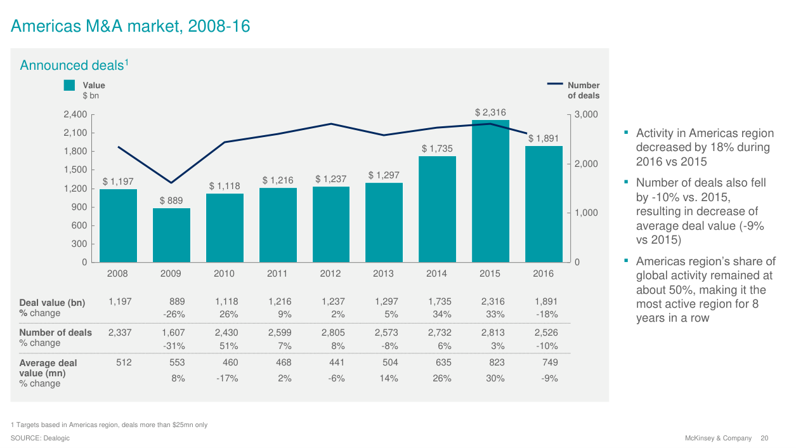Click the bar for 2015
click(490, 191)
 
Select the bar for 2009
click(171, 235)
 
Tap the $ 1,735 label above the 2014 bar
click(438, 148)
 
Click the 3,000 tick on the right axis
click(587, 115)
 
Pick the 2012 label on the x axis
click(330, 273)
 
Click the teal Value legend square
click(70, 85)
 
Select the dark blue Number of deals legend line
click(555, 83)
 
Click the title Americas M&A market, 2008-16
click(131, 26)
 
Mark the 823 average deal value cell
click(495, 362)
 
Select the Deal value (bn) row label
click(52, 302)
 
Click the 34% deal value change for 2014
click(441, 313)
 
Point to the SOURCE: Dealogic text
click(41, 438)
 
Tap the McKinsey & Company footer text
click(718, 438)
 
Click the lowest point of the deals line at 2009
click(171, 183)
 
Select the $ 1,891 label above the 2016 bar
click(544, 138)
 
